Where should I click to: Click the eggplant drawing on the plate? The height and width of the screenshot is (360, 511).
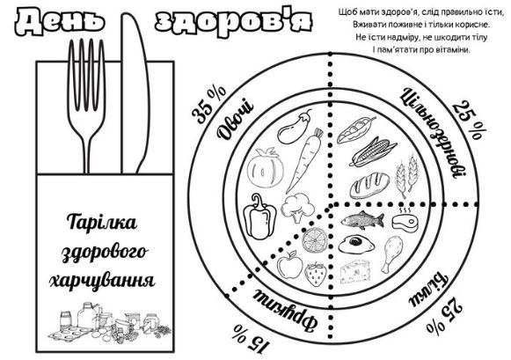[293, 128]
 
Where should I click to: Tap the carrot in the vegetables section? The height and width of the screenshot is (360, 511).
[303, 160]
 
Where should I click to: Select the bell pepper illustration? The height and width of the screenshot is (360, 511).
[259, 217]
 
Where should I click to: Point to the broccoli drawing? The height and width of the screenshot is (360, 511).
[298, 207]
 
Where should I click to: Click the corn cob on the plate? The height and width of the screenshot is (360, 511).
[373, 152]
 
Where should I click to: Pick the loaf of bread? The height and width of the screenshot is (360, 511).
[369, 186]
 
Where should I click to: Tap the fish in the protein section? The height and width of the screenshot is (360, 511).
[362, 220]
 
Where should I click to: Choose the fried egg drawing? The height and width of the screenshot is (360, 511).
[356, 244]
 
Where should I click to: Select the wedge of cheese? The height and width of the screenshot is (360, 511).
[355, 271]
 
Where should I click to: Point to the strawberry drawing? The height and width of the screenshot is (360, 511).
[316, 275]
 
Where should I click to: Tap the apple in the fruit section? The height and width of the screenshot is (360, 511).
[289, 265]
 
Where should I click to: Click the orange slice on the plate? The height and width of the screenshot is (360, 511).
[314, 240]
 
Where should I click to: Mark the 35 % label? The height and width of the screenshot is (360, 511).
[208, 105]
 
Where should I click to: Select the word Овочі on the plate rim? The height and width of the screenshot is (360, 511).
[236, 121]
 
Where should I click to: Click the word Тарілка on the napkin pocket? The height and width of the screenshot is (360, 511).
[102, 223]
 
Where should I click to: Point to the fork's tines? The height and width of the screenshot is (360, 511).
[86, 75]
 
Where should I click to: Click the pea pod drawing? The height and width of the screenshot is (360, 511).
[356, 129]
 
